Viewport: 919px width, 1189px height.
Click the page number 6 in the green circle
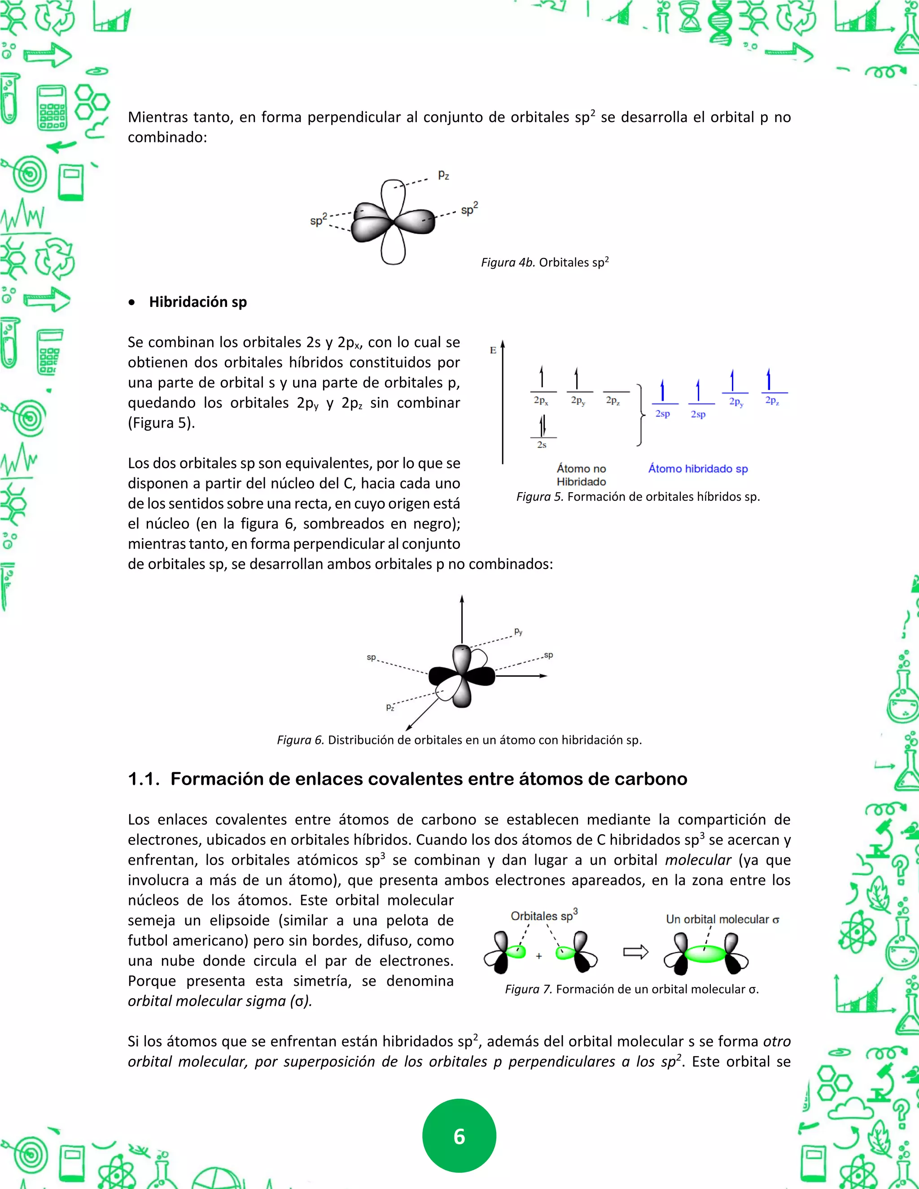pyautogui.click(x=459, y=1136)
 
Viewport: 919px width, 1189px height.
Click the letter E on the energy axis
pyautogui.click(x=493, y=350)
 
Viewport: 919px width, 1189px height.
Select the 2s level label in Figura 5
pyautogui.click(x=542, y=445)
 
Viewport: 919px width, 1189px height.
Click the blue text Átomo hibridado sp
pyautogui.click(x=698, y=469)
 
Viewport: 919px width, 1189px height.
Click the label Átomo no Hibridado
pyautogui.click(x=581, y=475)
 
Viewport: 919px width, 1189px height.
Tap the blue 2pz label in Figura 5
pyautogui.click(x=772, y=401)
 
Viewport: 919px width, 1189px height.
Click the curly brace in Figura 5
pyautogui.click(x=641, y=415)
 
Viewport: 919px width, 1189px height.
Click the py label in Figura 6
pyautogui.click(x=518, y=632)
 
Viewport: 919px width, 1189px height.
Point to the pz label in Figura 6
pyautogui.click(x=390, y=707)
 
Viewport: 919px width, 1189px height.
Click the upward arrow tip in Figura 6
pyautogui.click(x=462, y=598)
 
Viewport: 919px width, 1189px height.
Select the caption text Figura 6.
pyautogui.click(x=459, y=740)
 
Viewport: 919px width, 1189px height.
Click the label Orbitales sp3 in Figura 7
pyautogui.click(x=543, y=916)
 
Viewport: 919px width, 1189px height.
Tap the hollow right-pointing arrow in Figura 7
pyautogui.click(x=635, y=952)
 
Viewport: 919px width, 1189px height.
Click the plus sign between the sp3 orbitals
pyautogui.click(x=538, y=956)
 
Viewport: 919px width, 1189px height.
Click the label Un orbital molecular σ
pyautogui.click(x=722, y=919)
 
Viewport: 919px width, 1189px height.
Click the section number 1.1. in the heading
pyautogui.click(x=144, y=779)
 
